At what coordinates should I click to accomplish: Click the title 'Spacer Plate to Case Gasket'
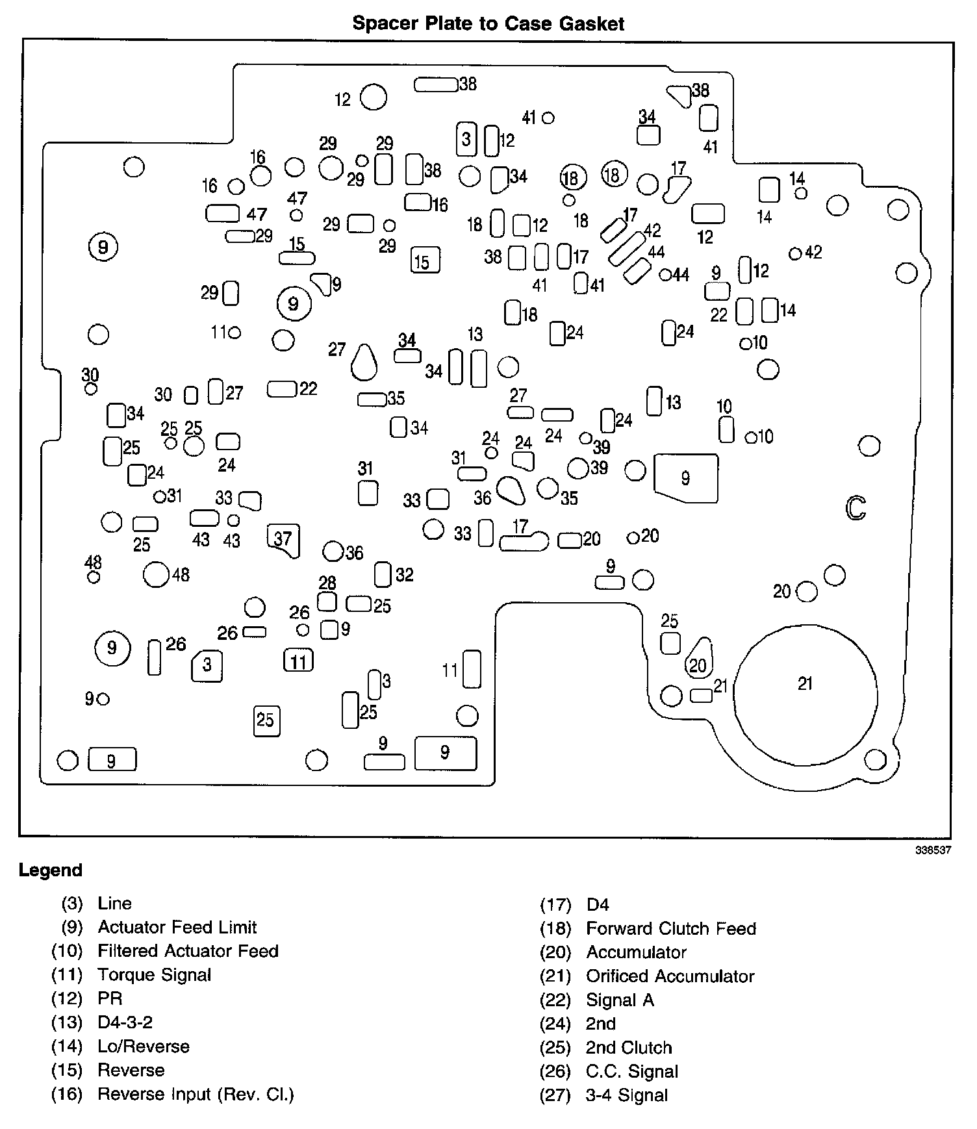pos(488,24)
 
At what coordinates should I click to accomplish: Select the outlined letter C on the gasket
pos(856,508)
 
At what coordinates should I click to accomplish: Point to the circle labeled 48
pos(156,574)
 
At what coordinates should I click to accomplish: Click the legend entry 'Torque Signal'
pos(154,974)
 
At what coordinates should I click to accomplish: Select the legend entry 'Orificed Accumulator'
pos(670,976)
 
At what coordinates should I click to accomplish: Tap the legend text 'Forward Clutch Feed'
pos(670,928)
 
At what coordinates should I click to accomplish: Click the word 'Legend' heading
pos(51,870)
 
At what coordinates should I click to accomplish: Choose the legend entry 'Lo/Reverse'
pos(143,1047)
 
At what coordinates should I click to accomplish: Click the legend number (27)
pos(555,1095)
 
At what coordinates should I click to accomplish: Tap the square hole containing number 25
pos(266,720)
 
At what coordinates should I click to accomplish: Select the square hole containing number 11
pos(299,661)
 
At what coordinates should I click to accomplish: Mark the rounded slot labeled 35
pos(372,400)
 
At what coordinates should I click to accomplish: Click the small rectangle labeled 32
pos(383,575)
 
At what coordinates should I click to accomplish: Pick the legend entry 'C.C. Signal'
pos(631,1071)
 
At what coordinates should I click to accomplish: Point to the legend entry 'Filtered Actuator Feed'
pos(188,951)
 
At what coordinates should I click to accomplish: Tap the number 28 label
pos(327,583)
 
